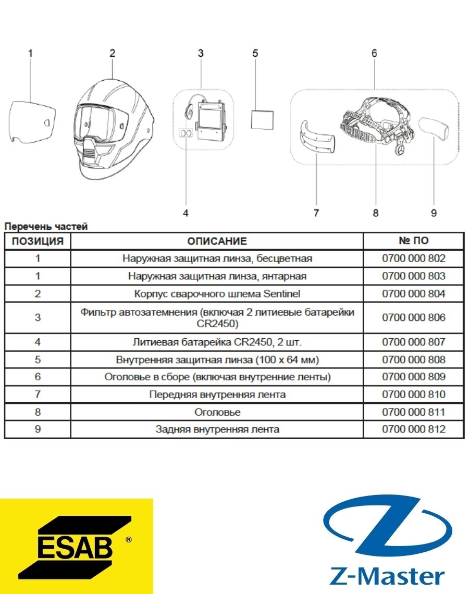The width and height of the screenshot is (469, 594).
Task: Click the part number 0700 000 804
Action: click(x=413, y=293)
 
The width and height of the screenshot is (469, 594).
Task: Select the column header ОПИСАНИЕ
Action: click(x=217, y=241)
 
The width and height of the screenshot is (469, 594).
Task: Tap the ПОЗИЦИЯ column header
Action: click(x=38, y=241)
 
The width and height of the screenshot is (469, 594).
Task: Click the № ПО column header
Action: click(x=413, y=241)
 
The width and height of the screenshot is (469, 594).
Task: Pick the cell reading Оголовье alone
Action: click(x=217, y=412)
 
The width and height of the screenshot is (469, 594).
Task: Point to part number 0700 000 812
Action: click(x=413, y=429)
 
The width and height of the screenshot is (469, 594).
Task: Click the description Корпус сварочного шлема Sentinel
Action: click(x=217, y=293)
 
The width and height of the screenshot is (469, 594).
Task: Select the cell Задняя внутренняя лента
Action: click(x=217, y=429)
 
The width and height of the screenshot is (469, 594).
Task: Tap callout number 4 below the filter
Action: click(x=186, y=213)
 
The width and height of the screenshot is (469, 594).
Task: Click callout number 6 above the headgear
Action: click(x=374, y=54)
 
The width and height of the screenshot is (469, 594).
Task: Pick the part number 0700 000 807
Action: click(x=413, y=342)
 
